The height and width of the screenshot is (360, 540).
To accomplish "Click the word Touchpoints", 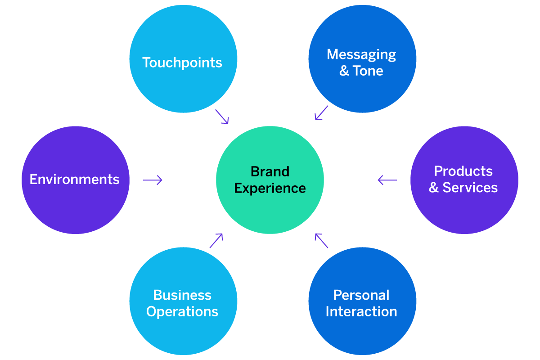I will coord(182,63).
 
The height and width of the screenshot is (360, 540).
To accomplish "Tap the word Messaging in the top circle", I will coord(361,54).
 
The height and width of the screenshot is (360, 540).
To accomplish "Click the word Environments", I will coord(75,180).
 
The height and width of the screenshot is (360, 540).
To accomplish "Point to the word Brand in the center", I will coord(270,171).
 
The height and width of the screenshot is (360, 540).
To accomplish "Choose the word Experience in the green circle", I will coord(270,188).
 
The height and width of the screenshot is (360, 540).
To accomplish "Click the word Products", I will coord(463,171).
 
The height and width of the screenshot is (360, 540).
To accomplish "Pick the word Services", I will coord(470,188).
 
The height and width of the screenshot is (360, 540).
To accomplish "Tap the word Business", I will coord(182,295).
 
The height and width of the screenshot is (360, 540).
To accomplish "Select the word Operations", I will coord(182,311).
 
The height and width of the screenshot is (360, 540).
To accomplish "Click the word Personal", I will coord(361,295).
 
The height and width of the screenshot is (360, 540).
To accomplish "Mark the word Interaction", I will coord(361,311).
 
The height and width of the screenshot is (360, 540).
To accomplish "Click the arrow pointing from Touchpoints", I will coord(222,117).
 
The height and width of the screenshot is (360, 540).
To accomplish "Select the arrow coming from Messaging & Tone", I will coord(321,113).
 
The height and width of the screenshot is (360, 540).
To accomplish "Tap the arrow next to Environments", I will coord(153,180).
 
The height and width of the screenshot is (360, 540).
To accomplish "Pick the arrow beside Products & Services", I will coord(387,180).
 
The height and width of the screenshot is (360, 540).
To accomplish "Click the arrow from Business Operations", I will coord(216,241).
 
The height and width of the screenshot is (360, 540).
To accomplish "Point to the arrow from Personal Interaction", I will coord(321,241).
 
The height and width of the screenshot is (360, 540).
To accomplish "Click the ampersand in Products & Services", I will coord(434,188).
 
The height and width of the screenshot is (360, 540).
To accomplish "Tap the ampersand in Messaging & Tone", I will coord(344,71).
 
